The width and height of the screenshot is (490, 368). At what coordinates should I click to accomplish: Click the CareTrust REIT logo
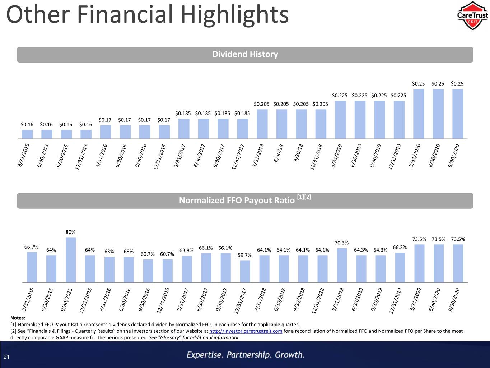[472, 16]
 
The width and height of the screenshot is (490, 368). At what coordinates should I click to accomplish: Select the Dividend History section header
[245, 55]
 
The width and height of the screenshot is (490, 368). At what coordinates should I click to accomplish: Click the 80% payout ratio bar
[71, 260]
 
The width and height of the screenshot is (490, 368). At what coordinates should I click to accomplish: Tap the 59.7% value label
[244, 255]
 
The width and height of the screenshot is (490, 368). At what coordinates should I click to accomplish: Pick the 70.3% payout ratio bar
[342, 265]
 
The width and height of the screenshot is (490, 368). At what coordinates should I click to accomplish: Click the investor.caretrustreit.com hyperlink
[246, 331]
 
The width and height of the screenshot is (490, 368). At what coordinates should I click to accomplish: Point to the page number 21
[6, 357]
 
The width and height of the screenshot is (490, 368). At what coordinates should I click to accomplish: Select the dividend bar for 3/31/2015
[27, 134]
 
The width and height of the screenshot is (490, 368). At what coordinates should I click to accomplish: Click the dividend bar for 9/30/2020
[458, 114]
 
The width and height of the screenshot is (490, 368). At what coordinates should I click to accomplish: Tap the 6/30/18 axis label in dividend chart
[279, 153]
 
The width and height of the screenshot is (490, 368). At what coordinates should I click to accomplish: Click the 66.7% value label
[31, 247]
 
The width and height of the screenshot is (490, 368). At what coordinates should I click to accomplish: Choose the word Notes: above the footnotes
[18, 318]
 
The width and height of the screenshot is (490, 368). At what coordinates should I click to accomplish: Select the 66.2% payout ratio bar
[400, 268]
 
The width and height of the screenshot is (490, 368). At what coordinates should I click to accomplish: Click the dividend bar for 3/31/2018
[262, 124]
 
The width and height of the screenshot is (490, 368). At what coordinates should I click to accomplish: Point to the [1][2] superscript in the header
[304, 197]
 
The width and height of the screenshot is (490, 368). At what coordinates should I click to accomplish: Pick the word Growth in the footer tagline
[290, 355]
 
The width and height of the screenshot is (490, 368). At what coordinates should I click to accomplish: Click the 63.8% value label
[186, 250]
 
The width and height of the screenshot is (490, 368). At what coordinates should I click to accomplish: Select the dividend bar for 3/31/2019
[340, 120]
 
